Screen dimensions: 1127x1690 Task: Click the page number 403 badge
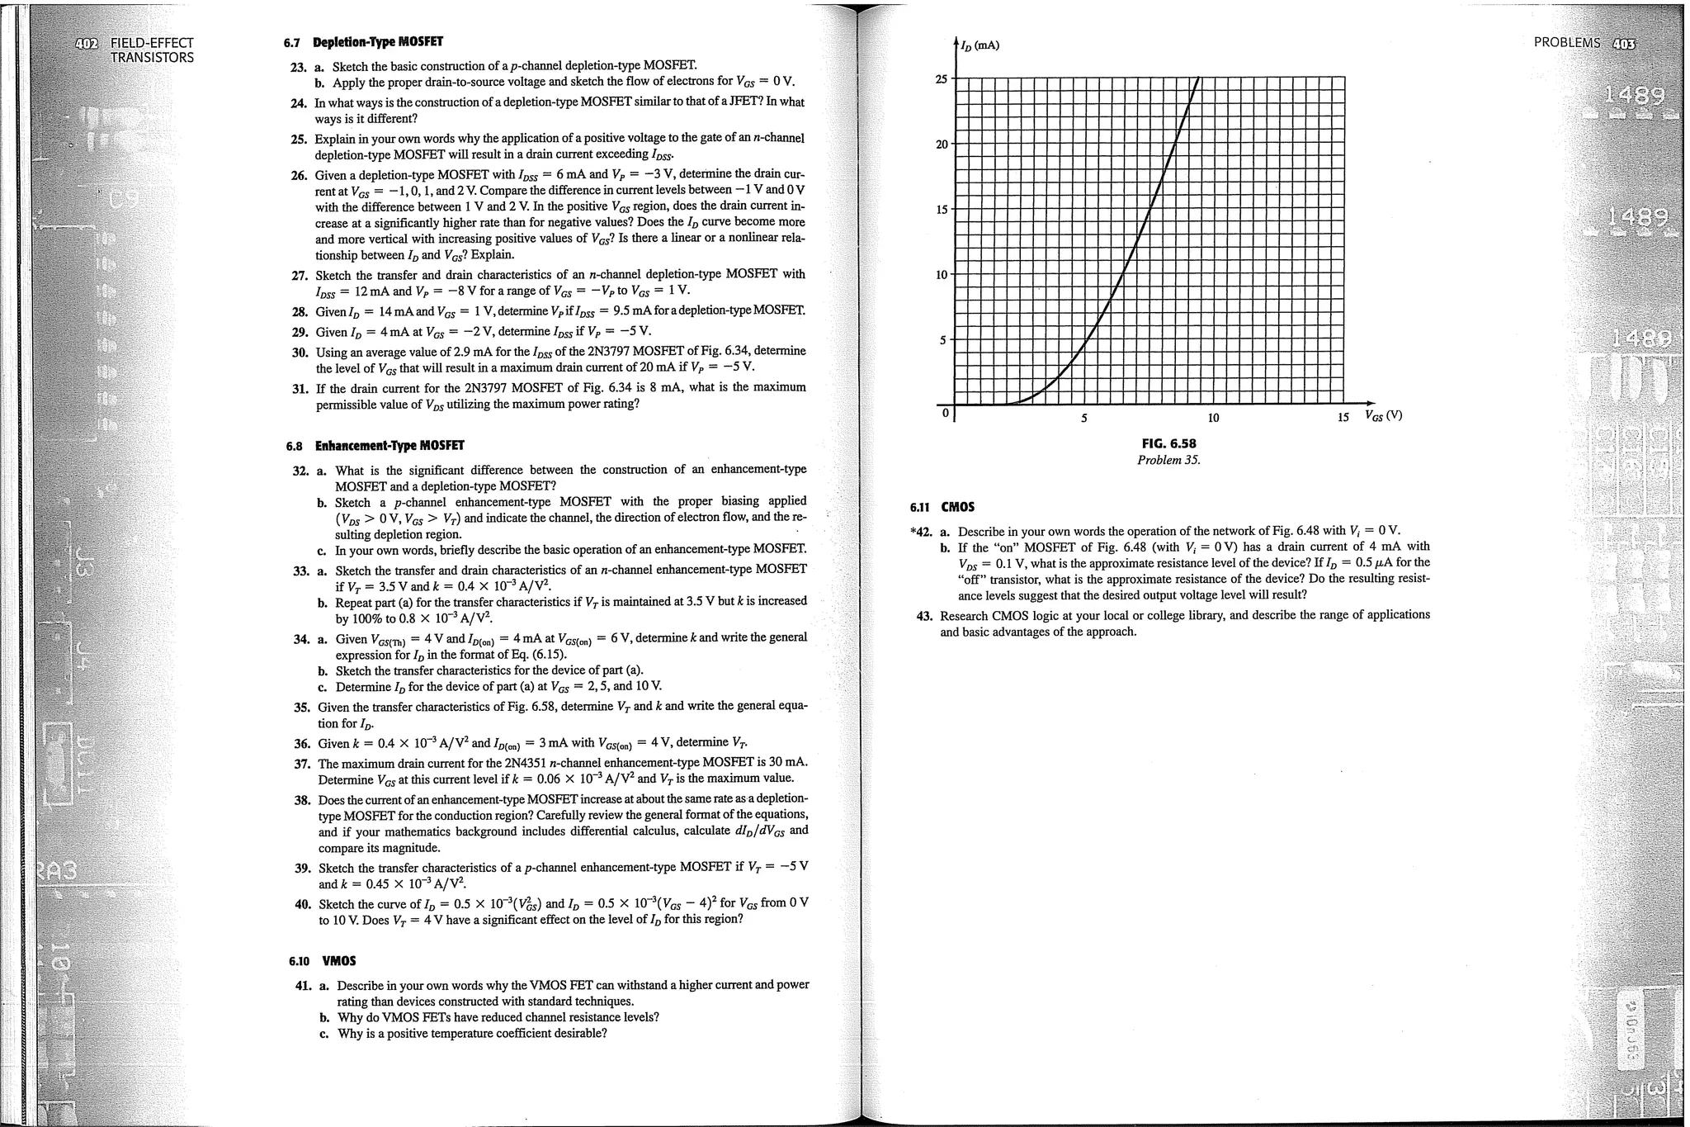[x=1622, y=43]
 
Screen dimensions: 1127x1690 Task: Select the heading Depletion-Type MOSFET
[x=377, y=42]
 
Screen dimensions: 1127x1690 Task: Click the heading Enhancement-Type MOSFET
[x=389, y=446]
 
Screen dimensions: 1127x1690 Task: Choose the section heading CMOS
[x=957, y=507]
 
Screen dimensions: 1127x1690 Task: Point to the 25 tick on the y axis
[x=941, y=79]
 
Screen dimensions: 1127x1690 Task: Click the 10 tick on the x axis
[x=1213, y=419]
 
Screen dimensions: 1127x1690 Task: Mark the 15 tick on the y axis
[x=941, y=210]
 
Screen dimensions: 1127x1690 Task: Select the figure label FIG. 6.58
[x=1168, y=443]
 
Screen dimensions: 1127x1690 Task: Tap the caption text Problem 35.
[x=1168, y=460]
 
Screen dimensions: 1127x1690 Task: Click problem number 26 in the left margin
[x=299, y=175]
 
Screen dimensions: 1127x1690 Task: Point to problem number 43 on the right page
[x=924, y=616]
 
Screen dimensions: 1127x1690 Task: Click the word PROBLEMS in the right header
[x=1566, y=43]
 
